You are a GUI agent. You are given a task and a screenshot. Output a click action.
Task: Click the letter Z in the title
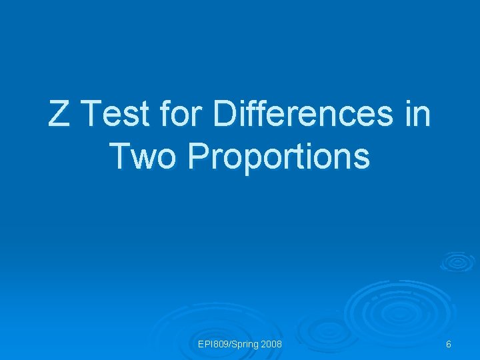(59, 114)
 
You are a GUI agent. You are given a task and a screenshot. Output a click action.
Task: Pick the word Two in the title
(143, 155)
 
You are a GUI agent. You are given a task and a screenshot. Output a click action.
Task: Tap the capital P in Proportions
(198, 155)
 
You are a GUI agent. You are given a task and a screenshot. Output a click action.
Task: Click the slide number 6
(449, 344)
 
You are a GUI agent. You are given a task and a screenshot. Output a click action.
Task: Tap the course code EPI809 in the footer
(212, 344)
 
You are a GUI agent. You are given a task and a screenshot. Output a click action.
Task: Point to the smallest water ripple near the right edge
(458, 261)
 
